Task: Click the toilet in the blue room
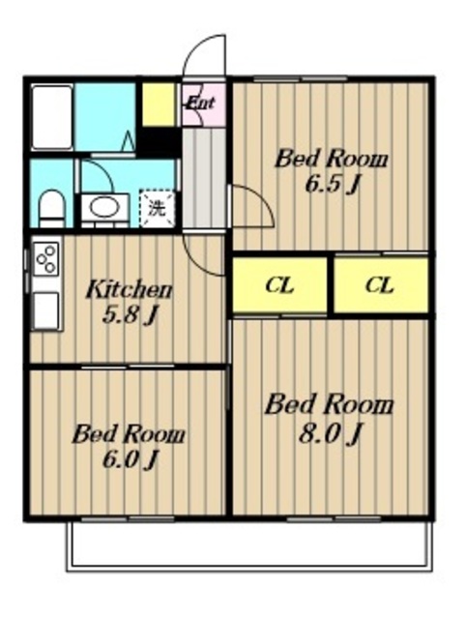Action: pos(52,208)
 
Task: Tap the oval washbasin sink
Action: pos(104,207)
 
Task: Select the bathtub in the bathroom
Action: pos(52,117)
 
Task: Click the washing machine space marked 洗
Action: pos(157,209)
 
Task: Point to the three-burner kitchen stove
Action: pos(46,259)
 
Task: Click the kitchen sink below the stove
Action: pos(46,310)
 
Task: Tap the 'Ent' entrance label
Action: pos(200,103)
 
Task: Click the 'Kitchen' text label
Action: pos(129,289)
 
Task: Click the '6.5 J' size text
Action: pos(334,184)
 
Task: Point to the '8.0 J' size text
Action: pos(330,434)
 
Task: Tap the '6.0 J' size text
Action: pos(131,460)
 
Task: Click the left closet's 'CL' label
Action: pos(279,285)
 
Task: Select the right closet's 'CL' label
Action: pos(380,285)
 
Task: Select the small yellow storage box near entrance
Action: pos(159,104)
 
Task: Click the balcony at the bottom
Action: pos(249,546)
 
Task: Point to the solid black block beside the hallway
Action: pos(160,141)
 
